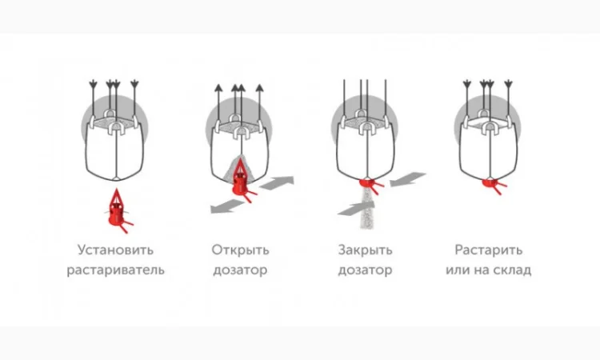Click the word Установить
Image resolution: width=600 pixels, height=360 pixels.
coord(115,250)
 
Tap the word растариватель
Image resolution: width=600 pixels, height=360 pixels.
coord(115,270)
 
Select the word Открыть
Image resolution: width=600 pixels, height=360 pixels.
coord(240,250)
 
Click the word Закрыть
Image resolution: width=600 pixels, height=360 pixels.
coord(365,250)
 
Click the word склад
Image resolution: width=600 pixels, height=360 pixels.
coord(512,270)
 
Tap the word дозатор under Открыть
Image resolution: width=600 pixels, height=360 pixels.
coord(240,270)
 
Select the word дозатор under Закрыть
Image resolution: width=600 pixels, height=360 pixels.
coord(365,270)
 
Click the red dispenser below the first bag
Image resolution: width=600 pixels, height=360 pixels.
coord(118,210)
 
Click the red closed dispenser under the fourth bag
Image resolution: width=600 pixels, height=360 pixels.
coord(494,185)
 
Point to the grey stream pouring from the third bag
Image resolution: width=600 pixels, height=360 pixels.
coord(367,209)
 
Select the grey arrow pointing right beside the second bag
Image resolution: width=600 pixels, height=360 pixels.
coord(277,182)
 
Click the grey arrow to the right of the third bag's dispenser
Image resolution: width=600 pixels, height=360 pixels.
coord(408,179)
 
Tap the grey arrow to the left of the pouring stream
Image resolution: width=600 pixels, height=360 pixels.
coord(355,209)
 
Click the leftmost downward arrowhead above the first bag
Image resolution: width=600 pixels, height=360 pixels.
coord(93,84)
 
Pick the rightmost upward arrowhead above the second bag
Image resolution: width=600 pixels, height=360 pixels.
coord(259,88)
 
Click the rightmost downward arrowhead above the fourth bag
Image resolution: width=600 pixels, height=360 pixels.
coord(508,84)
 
